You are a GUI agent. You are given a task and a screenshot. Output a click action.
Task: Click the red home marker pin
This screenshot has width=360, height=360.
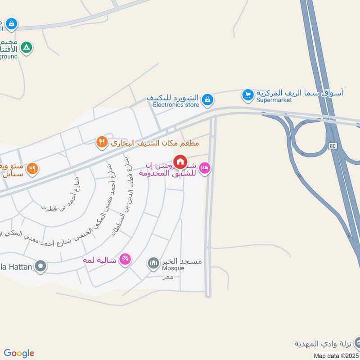tap(180, 162)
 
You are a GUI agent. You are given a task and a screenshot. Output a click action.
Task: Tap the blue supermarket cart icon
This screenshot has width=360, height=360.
tap(247, 95)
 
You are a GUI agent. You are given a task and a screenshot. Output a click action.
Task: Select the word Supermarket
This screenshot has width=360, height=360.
tap(274, 100)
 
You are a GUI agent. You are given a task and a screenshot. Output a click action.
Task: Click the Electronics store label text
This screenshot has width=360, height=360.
tap(176, 105)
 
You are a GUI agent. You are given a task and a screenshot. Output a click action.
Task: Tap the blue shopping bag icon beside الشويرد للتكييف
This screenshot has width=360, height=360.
tap(207, 99)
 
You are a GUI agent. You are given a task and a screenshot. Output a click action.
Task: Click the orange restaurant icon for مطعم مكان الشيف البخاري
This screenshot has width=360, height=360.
tap(102, 143)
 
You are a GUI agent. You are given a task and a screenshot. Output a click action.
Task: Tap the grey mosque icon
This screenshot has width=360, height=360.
tap(153, 262)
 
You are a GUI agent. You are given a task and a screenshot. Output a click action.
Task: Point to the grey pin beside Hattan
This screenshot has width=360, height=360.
tap(40, 267)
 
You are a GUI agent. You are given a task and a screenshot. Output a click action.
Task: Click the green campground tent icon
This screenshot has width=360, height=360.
tap(27, 47)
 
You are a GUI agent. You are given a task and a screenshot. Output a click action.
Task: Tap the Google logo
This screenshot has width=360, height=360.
tap(19, 353)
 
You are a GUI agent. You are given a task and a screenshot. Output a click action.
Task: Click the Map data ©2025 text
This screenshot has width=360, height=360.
tap(336, 356)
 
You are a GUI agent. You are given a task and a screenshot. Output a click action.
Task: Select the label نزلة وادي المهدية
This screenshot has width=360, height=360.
tap(322, 344)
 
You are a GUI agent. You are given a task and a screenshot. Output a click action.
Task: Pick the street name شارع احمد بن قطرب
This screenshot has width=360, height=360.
tap(61, 193)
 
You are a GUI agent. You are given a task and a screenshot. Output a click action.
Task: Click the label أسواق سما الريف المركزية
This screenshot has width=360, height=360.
tap(299, 93)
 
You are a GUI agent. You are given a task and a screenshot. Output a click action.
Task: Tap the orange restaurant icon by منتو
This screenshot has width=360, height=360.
tap(32, 169)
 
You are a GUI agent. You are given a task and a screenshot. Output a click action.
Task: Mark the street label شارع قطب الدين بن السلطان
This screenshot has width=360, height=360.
tap(119, 196)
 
